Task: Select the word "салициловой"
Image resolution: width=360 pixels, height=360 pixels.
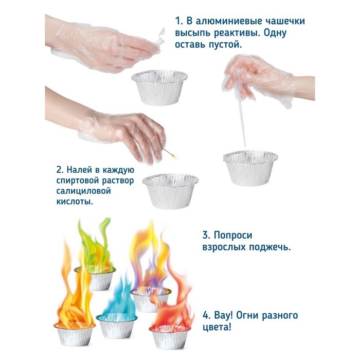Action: click(x=83, y=191)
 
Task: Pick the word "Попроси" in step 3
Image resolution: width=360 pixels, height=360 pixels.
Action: click(x=233, y=236)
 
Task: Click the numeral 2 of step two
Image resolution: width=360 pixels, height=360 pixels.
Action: click(x=59, y=170)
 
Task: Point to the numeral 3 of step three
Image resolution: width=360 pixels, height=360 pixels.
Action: click(x=206, y=236)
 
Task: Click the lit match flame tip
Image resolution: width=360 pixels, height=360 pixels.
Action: click(x=175, y=157)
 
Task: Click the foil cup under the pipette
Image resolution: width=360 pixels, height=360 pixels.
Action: click(x=250, y=168)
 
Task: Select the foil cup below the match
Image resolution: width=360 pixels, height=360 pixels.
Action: click(x=171, y=191)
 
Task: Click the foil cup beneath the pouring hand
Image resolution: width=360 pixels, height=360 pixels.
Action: click(x=159, y=87)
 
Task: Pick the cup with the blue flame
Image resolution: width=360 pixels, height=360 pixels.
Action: click(x=117, y=326)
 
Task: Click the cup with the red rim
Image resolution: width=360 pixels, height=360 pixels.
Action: click(x=170, y=336)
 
